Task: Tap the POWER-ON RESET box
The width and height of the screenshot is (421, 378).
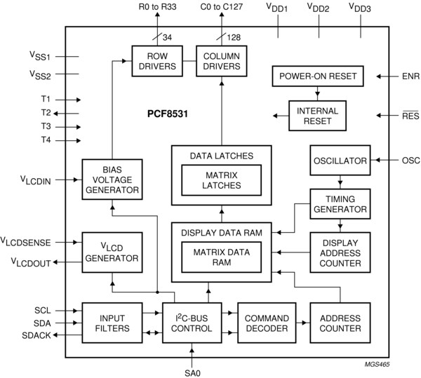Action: click(x=318, y=76)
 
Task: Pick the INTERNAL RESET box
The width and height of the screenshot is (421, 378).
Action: click(x=318, y=116)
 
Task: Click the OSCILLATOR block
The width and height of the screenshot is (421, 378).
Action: click(x=340, y=161)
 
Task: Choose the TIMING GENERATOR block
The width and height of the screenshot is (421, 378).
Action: click(x=340, y=204)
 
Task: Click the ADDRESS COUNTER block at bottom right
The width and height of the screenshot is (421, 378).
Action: click(x=340, y=323)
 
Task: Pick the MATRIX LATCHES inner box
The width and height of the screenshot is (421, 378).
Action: click(x=221, y=180)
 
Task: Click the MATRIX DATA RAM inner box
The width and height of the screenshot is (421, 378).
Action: click(x=221, y=257)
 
